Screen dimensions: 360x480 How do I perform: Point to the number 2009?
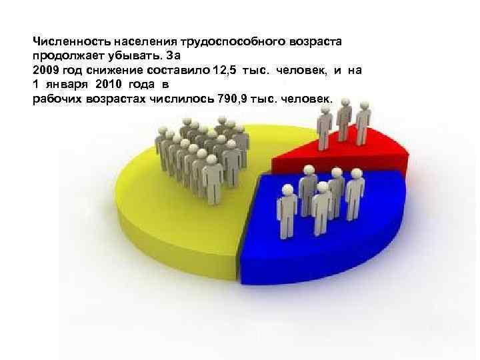click(x=46, y=70)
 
